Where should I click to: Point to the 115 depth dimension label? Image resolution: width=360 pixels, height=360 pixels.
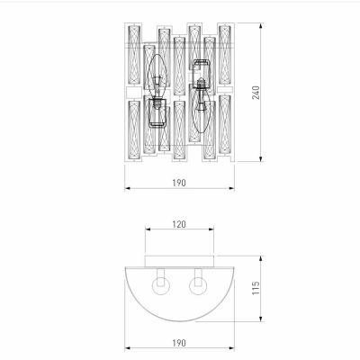pos(256,288)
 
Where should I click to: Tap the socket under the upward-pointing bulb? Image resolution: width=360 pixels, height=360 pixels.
pos(158,112)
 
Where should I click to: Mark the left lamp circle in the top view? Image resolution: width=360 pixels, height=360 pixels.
pos(160,287)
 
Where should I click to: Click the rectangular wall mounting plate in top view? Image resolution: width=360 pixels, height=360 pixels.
pos(179,261)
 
